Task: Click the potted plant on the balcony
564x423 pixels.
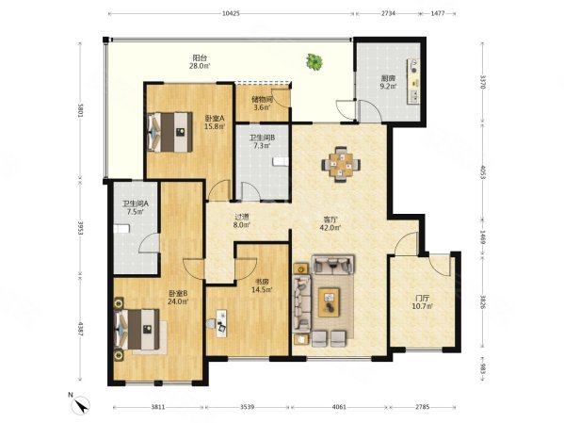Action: coord(314,61)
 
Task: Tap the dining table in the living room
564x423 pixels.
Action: coord(341,164)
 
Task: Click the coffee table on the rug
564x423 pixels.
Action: coord(329,301)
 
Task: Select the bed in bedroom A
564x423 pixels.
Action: coord(169,132)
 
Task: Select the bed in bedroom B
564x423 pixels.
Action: coord(137,329)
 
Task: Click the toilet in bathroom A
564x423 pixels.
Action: coord(121,229)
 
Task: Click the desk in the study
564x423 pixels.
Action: coord(221,323)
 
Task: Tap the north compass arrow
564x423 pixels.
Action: coord(82,404)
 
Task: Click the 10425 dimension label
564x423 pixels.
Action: coord(231,14)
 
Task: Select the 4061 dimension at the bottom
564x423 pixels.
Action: coord(339,407)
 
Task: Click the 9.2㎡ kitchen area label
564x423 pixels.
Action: coord(389,86)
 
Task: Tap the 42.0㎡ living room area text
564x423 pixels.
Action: coord(330,227)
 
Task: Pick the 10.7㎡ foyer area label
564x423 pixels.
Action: coord(422,306)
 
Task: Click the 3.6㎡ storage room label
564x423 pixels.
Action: coord(262,107)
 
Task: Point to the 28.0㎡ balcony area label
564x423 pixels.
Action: coord(200,66)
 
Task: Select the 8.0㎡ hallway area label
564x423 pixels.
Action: coord(241,225)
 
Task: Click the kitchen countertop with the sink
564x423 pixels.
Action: coord(413,81)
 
